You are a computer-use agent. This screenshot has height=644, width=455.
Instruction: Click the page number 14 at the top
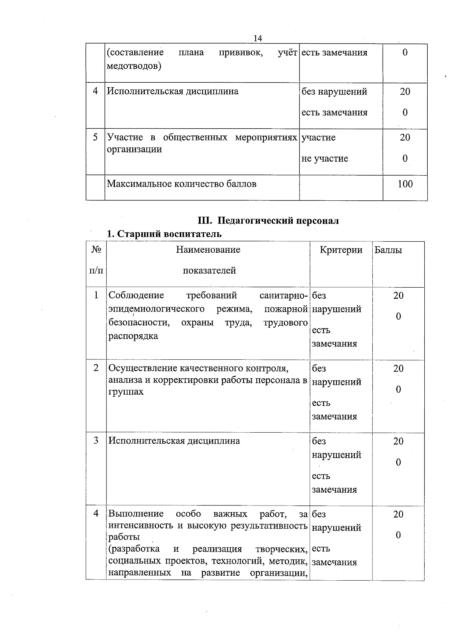tap(257, 38)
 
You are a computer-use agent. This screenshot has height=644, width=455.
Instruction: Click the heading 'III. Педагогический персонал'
tap(268, 220)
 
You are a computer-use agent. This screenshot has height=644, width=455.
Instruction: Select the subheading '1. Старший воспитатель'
tap(164, 234)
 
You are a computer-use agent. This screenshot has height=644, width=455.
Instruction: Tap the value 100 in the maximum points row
tap(405, 184)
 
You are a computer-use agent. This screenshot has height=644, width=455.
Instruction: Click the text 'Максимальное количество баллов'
tap(182, 184)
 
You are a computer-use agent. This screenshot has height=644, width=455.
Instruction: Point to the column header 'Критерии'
tap(341, 250)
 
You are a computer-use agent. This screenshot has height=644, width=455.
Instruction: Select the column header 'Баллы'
tap(388, 250)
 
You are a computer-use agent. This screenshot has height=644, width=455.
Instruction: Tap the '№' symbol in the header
tap(96, 250)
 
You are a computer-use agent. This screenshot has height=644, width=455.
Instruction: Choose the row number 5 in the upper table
tap(96, 137)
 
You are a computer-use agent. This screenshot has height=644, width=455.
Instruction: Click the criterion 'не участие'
tap(325, 158)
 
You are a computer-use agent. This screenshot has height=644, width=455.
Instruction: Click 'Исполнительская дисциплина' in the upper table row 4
tap(173, 91)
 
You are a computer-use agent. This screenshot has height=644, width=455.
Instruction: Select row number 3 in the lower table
tap(96, 440)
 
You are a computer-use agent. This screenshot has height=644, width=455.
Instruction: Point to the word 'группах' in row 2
tap(126, 392)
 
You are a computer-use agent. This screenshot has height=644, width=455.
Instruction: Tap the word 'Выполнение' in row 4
tap(136, 514)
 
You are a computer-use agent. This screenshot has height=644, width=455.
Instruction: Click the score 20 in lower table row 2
tap(398, 368)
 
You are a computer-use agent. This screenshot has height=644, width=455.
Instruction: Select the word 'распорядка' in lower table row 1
tap(133, 336)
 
